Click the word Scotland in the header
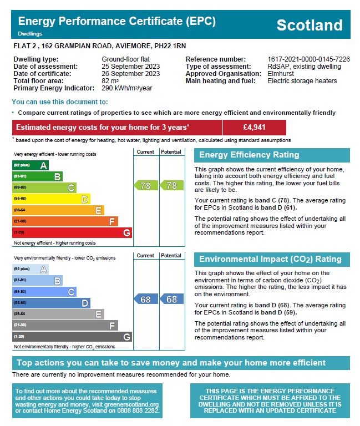click(309, 25)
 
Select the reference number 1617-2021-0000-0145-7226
click(308, 59)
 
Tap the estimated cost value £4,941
click(254, 127)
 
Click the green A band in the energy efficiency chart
click(31, 165)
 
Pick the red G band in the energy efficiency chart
click(72, 233)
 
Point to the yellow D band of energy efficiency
click(51, 199)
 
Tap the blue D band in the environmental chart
click(51, 303)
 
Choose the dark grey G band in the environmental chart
click(72, 337)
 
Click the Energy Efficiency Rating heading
click(249, 155)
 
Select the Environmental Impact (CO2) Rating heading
click(271, 259)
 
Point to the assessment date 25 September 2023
click(130, 67)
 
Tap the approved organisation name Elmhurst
click(281, 74)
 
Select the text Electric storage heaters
click(302, 81)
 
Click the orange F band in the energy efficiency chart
click(65, 221)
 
